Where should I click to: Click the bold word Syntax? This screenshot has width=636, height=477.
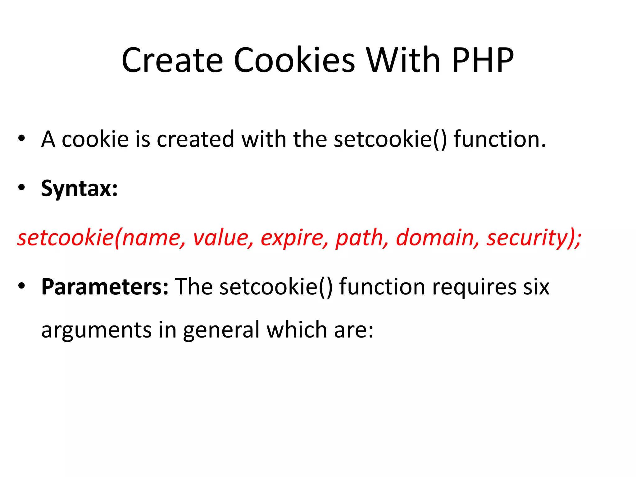(79, 189)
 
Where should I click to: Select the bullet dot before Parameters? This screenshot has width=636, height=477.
(21, 286)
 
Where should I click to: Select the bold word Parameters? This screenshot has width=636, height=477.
(105, 287)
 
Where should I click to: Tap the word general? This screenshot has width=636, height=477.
(221, 330)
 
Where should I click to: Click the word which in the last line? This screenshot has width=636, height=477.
(297, 329)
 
